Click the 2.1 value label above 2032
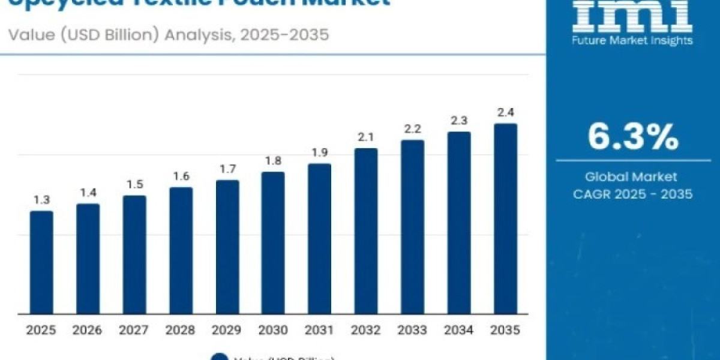(x=366, y=137)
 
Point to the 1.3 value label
(x=41, y=200)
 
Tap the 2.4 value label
(x=505, y=112)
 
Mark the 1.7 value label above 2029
(x=227, y=169)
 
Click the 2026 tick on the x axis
(x=88, y=330)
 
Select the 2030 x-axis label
(x=274, y=330)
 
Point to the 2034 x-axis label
(x=459, y=330)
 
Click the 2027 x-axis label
(x=134, y=330)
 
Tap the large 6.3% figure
(x=633, y=137)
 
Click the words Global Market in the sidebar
(x=632, y=177)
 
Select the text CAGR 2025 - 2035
(x=632, y=194)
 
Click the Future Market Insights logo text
(x=632, y=41)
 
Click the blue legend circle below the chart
(x=220, y=357)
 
